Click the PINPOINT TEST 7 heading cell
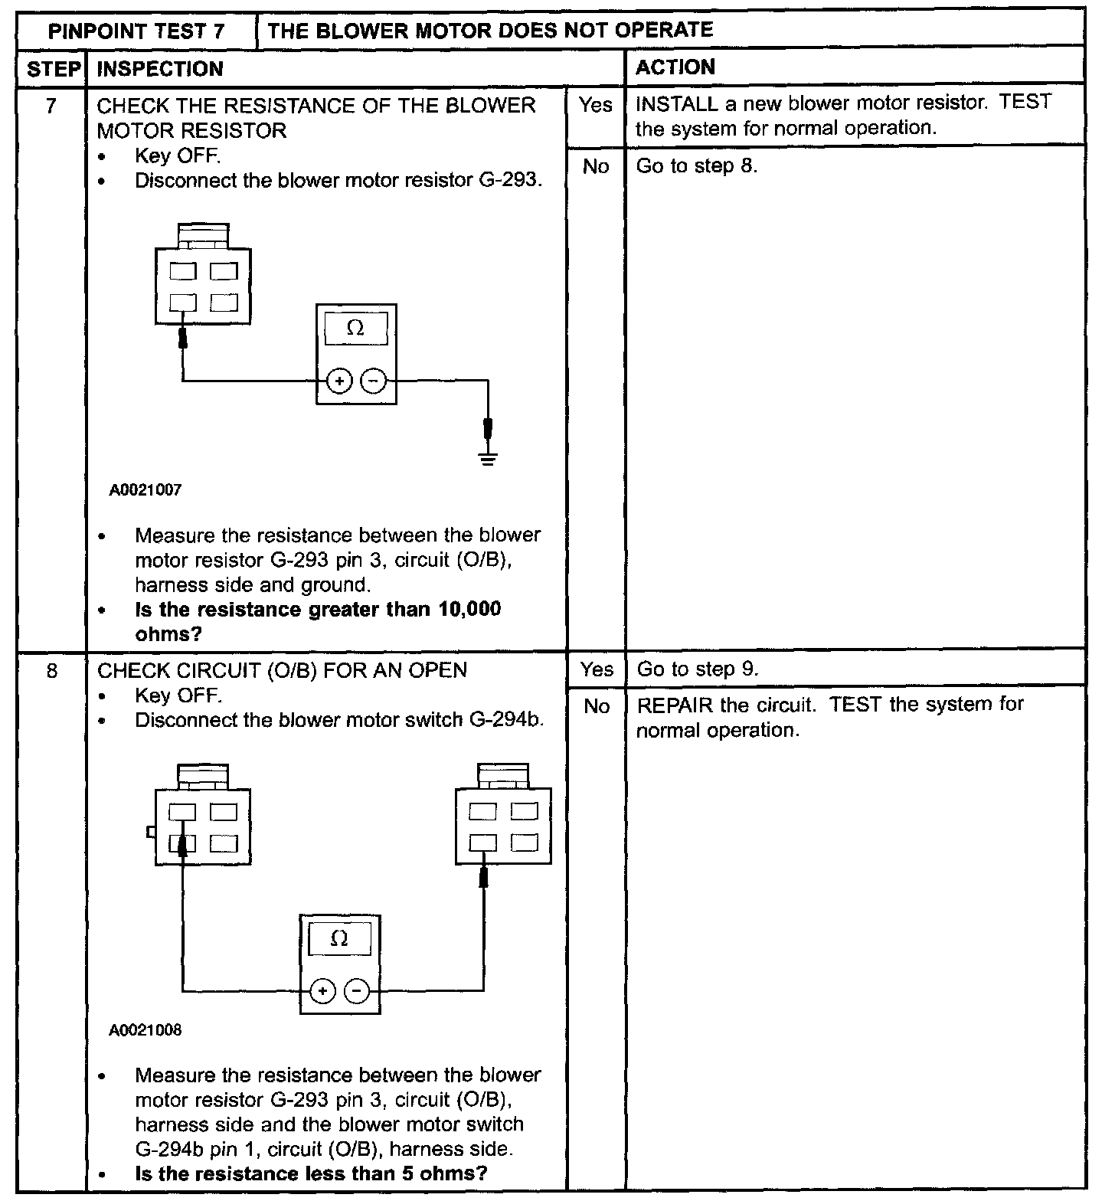[x=136, y=32]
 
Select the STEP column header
[x=53, y=69]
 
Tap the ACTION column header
[x=675, y=67]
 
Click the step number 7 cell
[x=51, y=106]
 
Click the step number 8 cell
[x=51, y=671]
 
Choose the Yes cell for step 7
[x=596, y=105]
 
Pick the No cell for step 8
[x=596, y=706]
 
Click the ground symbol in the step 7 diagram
[x=487, y=459]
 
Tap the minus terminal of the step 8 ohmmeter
[x=357, y=991]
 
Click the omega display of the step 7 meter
[x=355, y=329]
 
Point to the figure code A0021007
[x=146, y=490]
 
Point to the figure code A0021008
[x=146, y=1030]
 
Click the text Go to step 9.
[x=698, y=669]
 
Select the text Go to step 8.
[x=697, y=166]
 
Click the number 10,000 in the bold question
[x=470, y=610]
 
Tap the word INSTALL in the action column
[x=676, y=103]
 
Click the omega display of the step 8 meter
[x=339, y=939]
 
